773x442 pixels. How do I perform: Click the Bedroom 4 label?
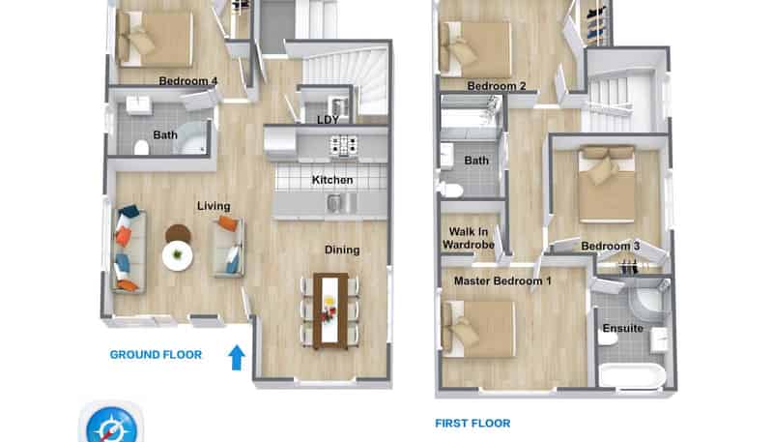coord(188,81)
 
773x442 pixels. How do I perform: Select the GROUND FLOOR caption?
coord(156,355)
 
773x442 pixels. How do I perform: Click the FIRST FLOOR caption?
coord(472,423)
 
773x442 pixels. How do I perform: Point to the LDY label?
coord(329,120)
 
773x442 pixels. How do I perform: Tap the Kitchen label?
coord(331,180)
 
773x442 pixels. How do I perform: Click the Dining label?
coord(341,250)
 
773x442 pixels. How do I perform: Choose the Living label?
coord(214,206)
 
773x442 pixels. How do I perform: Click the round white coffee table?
coord(178,256)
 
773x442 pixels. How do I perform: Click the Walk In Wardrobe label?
coord(469,239)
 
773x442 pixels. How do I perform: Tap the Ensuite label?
coord(622,329)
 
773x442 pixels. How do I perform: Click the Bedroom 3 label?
coord(611,247)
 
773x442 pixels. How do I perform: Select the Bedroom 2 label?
coord(497,86)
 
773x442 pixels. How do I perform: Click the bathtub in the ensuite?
coord(631,375)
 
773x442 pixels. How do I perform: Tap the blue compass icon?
coord(110,426)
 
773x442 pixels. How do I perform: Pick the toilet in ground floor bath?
coord(142,148)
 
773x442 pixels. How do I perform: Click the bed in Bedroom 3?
coord(607,184)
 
